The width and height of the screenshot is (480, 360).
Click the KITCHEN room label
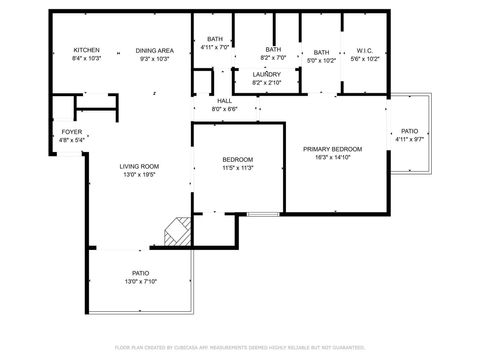click(x=86, y=50)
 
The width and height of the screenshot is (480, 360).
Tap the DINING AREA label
click(x=155, y=50)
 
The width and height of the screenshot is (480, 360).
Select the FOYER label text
click(x=72, y=132)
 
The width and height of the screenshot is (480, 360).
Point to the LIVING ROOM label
click(x=140, y=166)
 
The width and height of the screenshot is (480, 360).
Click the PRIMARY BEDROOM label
click(x=332, y=149)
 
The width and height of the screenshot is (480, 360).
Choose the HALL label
click(x=223, y=100)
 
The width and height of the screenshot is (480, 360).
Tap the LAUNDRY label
click(x=266, y=74)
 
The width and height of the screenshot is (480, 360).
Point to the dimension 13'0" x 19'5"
click(x=140, y=175)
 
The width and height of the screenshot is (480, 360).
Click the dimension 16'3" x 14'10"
click(x=332, y=157)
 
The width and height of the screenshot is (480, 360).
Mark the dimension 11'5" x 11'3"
click(x=237, y=168)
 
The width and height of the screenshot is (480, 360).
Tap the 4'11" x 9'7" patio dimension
click(x=409, y=139)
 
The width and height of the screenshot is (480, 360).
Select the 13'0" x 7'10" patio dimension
click(x=141, y=282)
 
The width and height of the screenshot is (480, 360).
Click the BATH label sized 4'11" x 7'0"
click(x=215, y=39)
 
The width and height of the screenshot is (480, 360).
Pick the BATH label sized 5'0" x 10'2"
click(x=321, y=52)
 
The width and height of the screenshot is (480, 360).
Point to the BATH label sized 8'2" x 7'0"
click(x=273, y=49)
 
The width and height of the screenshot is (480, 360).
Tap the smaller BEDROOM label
click(x=237, y=160)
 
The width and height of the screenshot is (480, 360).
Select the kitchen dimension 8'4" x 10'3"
click(x=86, y=59)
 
